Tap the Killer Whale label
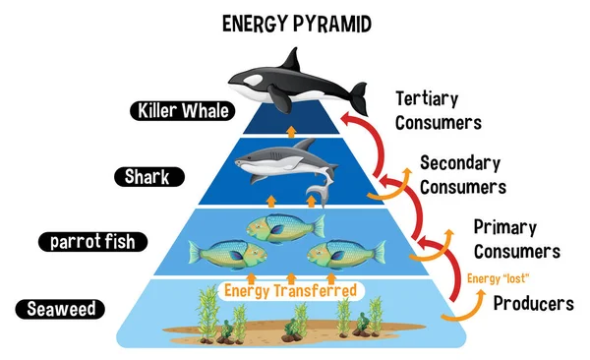186,110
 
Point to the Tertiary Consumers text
438,110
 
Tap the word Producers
532,303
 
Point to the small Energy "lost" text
491,277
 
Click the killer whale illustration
295,84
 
